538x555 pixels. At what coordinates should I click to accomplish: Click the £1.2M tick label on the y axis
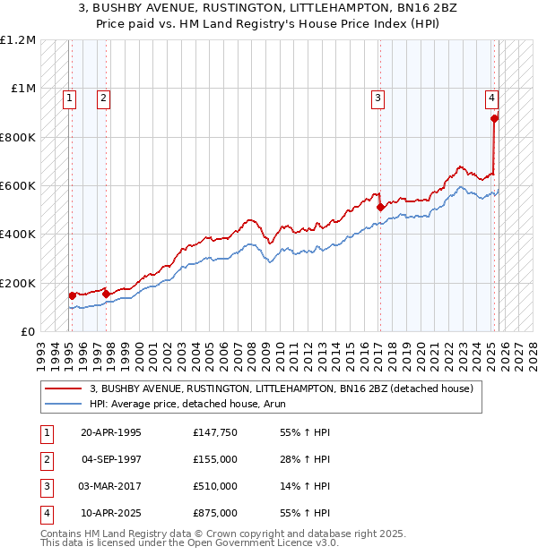pos(18,40)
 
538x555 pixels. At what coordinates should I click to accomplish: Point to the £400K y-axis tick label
pos(18,235)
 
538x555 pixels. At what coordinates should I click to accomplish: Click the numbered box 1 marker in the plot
pos(70,98)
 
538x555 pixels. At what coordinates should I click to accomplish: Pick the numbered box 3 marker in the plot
pos(378,98)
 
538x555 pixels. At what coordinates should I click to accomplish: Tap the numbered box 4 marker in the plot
pos(492,98)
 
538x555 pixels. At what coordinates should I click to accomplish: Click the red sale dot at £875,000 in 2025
pos(494,118)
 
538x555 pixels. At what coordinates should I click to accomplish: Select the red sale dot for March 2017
pos(380,208)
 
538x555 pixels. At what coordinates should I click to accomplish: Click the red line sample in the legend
pos(65,388)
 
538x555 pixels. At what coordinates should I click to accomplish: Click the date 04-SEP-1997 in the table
pos(111,459)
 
